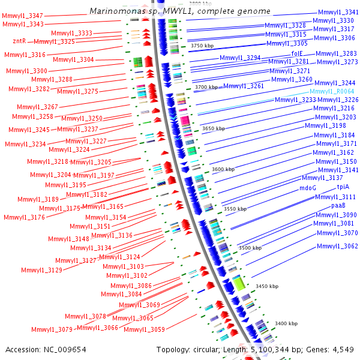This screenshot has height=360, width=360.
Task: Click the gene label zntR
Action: click(19, 41)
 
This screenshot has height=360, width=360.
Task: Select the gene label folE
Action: click(297, 53)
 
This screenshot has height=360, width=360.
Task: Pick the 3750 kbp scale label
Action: click(202, 45)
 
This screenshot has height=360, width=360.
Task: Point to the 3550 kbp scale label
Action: click(235, 209)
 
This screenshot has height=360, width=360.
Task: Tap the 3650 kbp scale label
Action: click(214, 128)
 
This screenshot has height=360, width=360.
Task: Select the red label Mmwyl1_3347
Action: click(23, 16)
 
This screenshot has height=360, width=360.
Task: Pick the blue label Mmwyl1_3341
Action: click(338, 11)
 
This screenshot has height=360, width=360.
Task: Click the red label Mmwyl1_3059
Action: click(148, 329)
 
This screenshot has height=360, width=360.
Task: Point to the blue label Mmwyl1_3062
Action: click(337, 246)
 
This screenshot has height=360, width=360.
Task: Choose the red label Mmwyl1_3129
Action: click(41, 270)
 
